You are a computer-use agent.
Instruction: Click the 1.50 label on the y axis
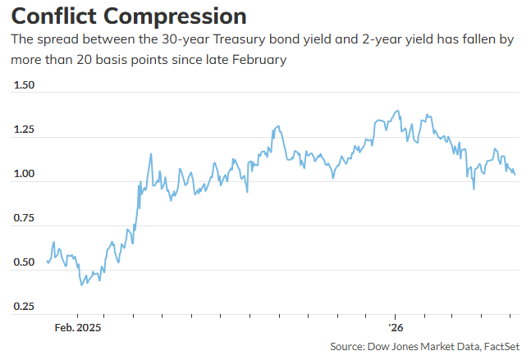[x=24, y=85]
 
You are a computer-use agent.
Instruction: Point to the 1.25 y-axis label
[x=24, y=130]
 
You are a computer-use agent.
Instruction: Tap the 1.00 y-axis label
[x=24, y=174]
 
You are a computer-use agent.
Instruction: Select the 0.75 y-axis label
[x=24, y=218]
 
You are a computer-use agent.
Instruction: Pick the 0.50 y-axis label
[x=24, y=262]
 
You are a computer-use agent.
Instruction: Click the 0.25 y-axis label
[x=24, y=307]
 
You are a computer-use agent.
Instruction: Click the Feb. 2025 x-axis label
[x=78, y=327]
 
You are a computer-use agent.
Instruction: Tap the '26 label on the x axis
[x=396, y=327]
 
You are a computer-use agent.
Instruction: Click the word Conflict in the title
[x=54, y=16]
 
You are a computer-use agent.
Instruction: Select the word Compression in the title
[x=175, y=17]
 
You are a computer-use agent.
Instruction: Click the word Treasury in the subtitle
[x=239, y=39]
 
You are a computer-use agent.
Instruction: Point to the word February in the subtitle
[x=259, y=60]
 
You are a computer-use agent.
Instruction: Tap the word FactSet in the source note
[x=501, y=346]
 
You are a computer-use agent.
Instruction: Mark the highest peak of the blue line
[x=397, y=111]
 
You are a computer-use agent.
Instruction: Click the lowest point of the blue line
[x=81, y=285]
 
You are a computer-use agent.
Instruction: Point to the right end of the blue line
[x=515, y=175]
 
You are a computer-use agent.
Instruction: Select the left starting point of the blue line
[x=47, y=261]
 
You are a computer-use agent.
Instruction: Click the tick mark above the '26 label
[x=396, y=317]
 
